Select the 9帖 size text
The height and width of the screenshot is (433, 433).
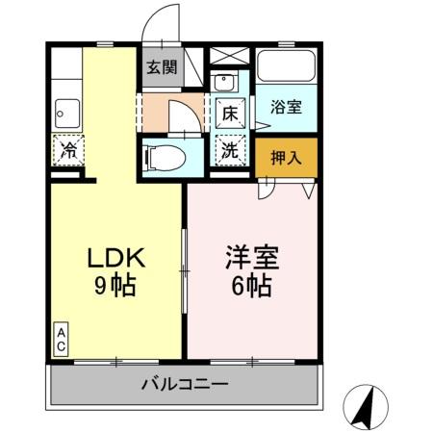pos(115,286)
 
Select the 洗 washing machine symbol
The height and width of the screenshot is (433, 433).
pos(231,150)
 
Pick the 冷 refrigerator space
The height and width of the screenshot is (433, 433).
pos(68,150)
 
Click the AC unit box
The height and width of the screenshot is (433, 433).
pos(60,340)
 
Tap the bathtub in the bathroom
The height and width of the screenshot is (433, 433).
pos(287,68)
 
